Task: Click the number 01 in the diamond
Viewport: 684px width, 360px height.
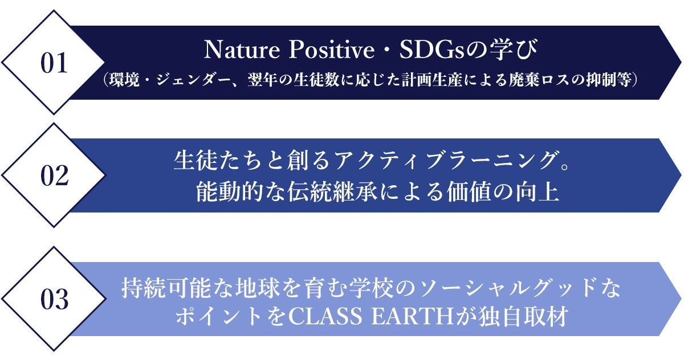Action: coord(54,63)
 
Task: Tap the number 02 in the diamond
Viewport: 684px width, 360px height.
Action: coord(54,175)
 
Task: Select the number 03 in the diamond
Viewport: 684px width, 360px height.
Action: coord(54,299)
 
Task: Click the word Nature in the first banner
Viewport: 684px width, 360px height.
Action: coord(242,50)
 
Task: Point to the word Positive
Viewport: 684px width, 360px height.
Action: coord(332,50)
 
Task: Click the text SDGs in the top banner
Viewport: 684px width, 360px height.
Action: coord(432,50)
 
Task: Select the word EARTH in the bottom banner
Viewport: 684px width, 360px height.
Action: coord(413,317)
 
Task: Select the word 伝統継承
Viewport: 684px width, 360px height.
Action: coord(333,192)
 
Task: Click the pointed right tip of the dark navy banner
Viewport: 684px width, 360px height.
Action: coord(681,63)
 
